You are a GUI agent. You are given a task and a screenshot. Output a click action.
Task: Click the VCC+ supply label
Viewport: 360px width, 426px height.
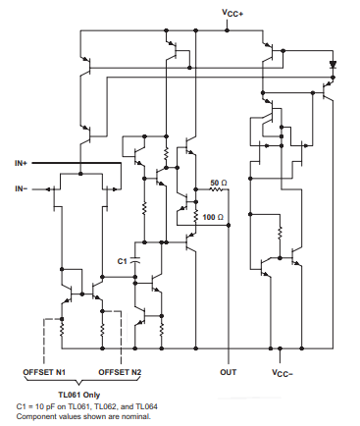233,14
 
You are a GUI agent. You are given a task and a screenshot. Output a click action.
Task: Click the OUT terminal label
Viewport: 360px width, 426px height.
229,373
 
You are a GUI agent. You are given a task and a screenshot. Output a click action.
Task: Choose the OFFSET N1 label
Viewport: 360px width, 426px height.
43,373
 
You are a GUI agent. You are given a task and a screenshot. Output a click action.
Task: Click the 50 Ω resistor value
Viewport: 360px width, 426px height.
220,184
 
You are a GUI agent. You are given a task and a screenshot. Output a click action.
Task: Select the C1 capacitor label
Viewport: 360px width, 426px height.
123,261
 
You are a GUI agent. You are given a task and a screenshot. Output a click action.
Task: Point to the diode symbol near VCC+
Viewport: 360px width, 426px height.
333,65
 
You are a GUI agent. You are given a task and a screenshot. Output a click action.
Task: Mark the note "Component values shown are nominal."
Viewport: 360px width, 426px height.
83,415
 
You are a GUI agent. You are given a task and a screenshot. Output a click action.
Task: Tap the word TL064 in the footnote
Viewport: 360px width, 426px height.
147,405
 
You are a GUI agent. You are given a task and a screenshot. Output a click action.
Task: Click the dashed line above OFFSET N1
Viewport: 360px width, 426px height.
44,339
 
